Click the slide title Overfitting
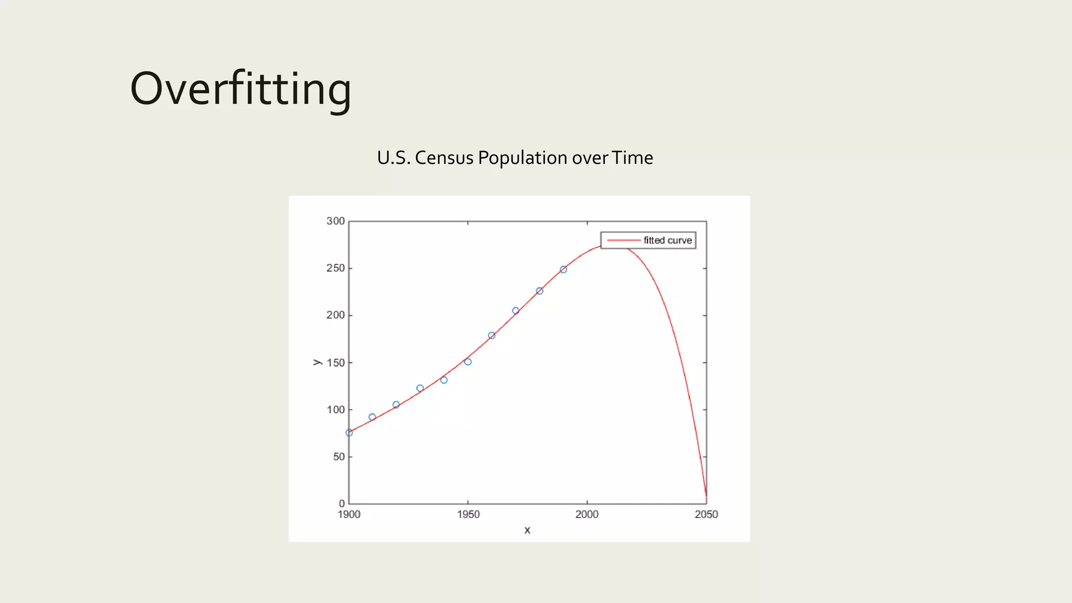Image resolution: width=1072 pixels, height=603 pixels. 240,89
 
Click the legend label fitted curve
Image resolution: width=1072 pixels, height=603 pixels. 667,240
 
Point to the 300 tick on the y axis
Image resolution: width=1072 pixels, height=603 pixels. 336,221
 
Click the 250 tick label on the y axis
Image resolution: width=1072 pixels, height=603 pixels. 336,268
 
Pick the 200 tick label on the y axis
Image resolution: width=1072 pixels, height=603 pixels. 336,315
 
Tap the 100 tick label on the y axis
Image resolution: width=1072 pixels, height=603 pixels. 336,409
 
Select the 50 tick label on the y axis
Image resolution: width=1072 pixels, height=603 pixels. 339,456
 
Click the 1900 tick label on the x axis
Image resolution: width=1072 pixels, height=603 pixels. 349,515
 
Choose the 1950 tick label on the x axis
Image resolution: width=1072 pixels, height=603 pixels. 468,515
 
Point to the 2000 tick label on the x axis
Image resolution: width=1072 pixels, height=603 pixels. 587,515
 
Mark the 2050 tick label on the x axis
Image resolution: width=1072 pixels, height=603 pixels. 706,515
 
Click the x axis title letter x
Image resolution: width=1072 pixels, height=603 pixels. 527,530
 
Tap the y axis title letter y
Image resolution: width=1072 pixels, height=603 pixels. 317,362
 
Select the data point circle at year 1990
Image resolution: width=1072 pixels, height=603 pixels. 563,270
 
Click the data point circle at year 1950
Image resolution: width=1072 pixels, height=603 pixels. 468,362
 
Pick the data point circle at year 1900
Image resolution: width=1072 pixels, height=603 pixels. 349,433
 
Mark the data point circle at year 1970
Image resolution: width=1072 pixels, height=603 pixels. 516,310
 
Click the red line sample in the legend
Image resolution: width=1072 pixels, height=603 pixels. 623,240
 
